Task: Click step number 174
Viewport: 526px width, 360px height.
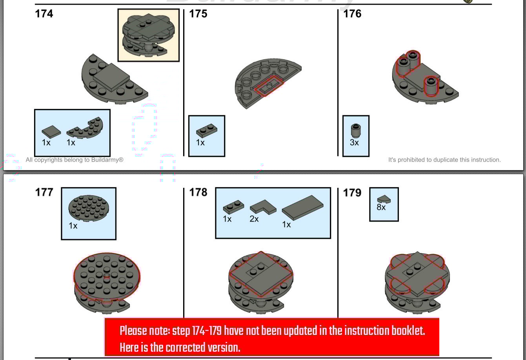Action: coord(44,14)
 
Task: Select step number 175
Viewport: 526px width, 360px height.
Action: coord(198,14)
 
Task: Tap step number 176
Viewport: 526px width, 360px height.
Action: coord(352,14)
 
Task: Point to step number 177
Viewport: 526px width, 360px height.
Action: coord(44,192)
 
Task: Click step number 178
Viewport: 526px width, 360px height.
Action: coord(198,192)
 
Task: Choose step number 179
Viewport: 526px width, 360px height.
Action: coord(352,193)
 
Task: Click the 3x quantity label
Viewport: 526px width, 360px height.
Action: coord(354,142)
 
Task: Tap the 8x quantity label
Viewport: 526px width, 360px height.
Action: coord(381,207)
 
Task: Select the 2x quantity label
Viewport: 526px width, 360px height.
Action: coord(254,219)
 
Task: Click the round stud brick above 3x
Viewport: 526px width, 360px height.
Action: coord(356,131)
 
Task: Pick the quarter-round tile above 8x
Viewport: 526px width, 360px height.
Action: coord(384,199)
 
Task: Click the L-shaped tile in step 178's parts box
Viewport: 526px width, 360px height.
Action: coord(263,207)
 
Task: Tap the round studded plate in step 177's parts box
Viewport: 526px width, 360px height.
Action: coord(89,208)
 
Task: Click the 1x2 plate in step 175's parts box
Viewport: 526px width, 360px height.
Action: coord(207,131)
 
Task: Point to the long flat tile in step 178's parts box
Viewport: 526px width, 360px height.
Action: coord(302,207)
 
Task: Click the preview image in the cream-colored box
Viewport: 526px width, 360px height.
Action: coord(148,35)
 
